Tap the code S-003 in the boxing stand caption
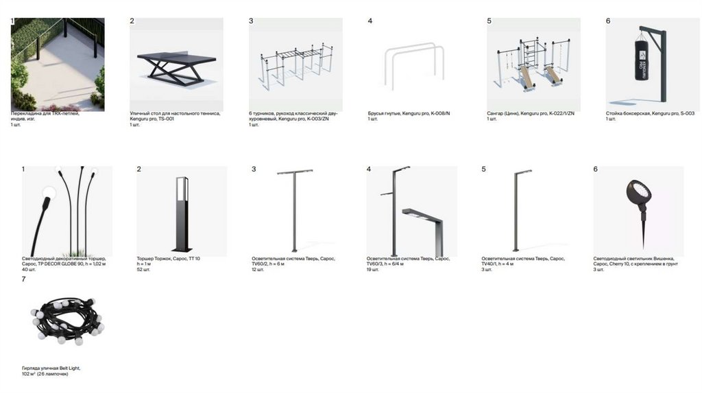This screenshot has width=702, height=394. [x=686, y=113]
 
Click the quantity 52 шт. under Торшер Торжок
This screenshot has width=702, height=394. [x=143, y=269]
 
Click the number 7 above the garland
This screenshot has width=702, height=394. [x=23, y=279]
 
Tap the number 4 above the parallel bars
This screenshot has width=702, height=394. [x=370, y=21]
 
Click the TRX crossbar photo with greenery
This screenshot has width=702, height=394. [x=58, y=64]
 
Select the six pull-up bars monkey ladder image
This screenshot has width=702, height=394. [x=295, y=65]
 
